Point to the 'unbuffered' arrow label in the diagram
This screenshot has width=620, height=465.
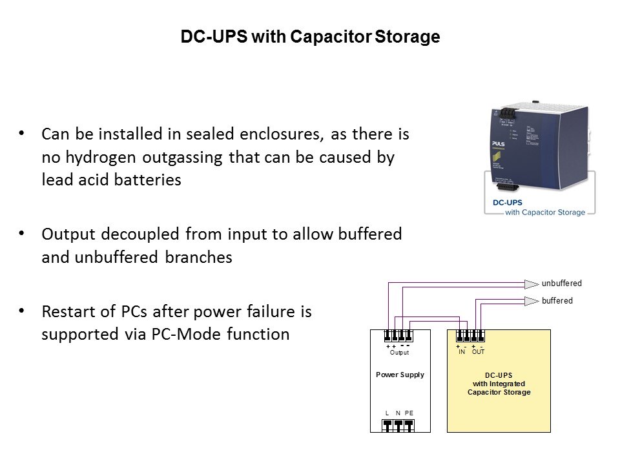click(x=561, y=284)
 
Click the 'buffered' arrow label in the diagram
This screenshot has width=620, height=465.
click(x=557, y=301)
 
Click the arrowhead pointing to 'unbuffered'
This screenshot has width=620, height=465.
click(x=531, y=284)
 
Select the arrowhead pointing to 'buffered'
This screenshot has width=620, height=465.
click(x=531, y=301)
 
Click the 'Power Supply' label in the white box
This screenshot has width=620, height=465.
click(x=400, y=375)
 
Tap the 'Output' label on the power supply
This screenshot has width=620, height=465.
click(x=399, y=353)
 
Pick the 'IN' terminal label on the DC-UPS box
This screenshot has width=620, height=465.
click(x=462, y=352)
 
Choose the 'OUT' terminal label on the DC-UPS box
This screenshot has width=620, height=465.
click(x=478, y=352)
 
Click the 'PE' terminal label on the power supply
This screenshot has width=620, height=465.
click(x=409, y=413)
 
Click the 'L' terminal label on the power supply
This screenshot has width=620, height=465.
click(x=387, y=413)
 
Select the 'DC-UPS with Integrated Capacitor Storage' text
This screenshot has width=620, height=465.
click(x=499, y=384)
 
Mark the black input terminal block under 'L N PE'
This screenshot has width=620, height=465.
click(x=398, y=426)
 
